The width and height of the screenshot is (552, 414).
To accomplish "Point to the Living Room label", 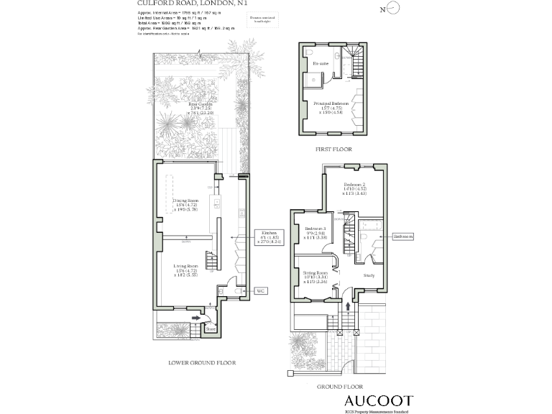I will (185, 270).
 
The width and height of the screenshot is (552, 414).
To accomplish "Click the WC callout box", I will (262, 291).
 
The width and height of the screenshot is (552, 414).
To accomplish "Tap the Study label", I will (369, 275).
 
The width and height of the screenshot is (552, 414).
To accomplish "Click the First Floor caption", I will (332, 149).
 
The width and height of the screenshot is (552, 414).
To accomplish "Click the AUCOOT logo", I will (378, 401).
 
